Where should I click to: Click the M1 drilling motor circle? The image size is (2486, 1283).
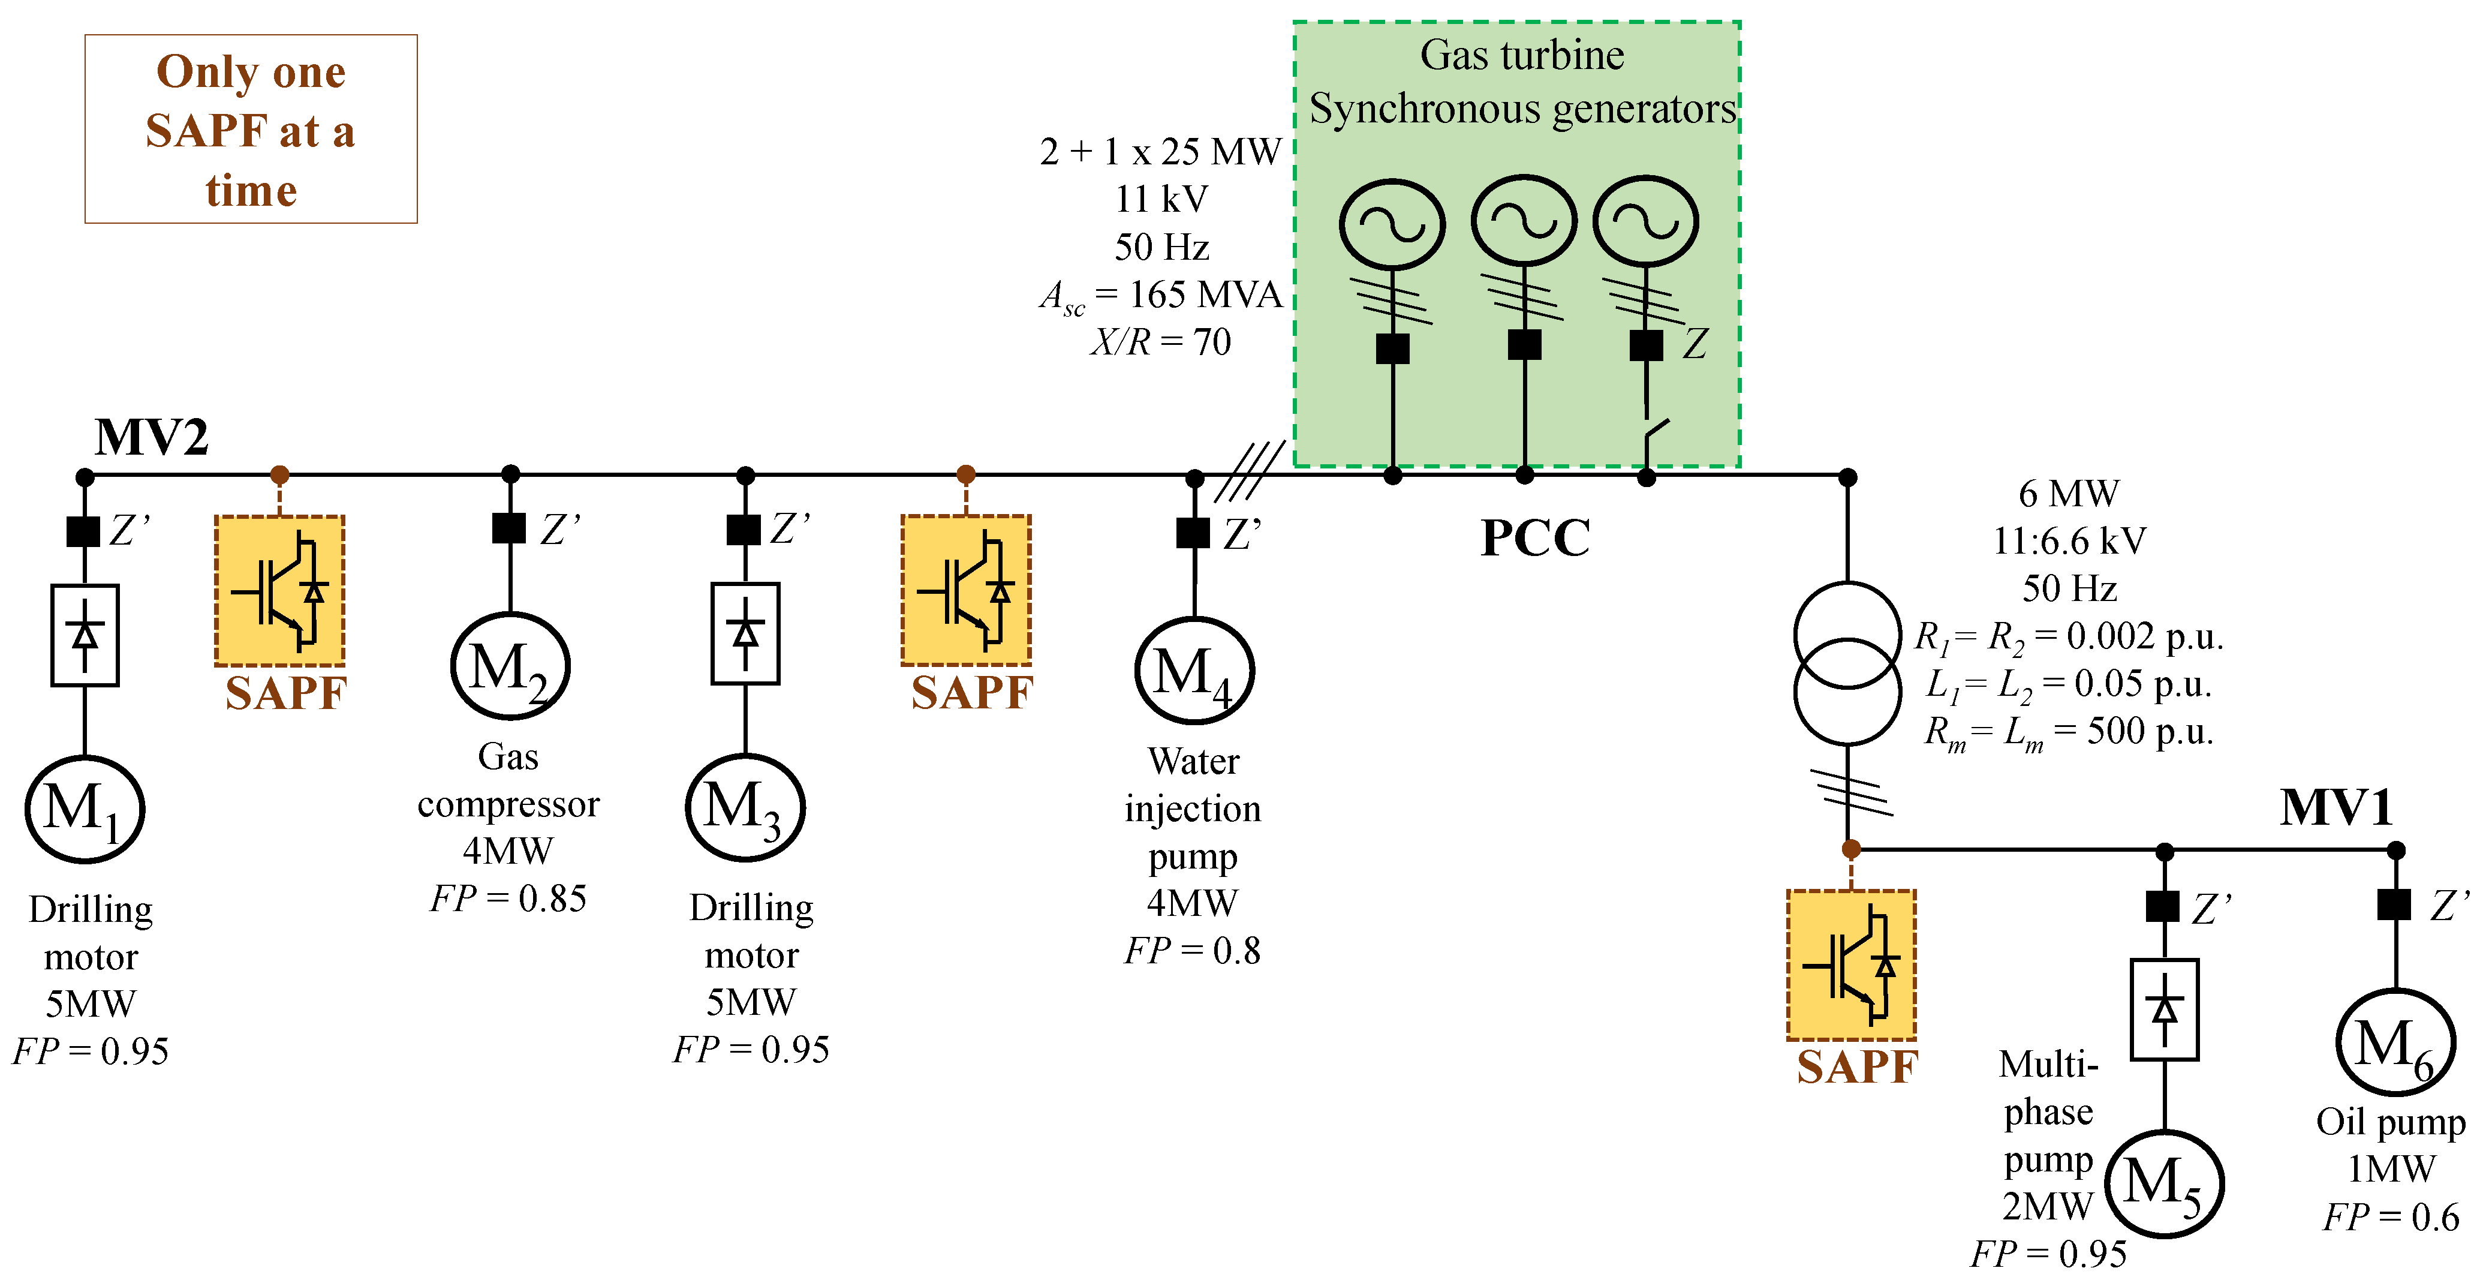(85, 809)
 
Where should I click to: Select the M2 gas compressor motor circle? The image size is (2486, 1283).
(510, 667)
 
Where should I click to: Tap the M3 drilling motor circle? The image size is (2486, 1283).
(745, 807)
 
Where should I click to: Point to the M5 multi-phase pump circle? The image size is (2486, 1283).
(2165, 1183)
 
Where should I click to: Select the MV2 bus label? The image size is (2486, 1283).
(152, 437)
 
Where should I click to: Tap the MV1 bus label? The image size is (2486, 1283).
(2335, 807)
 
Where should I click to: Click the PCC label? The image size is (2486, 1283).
(1536, 537)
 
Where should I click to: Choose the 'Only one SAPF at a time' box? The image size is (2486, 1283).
(251, 130)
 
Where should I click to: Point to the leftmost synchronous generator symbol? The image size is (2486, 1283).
(1392, 224)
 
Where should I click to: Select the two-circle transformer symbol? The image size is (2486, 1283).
(1847, 663)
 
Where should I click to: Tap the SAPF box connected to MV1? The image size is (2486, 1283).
(1851, 964)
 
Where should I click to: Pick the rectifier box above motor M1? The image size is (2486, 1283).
(85, 635)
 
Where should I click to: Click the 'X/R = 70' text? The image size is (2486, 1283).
(1161, 342)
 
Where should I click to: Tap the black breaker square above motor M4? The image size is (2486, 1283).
(1194, 533)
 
